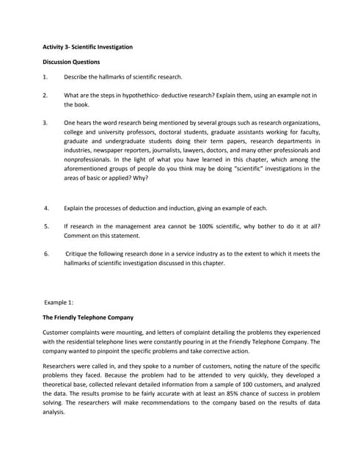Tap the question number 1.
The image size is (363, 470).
point(45,76)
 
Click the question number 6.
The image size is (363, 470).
point(45,253)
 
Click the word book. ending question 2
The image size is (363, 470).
point(72,105)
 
